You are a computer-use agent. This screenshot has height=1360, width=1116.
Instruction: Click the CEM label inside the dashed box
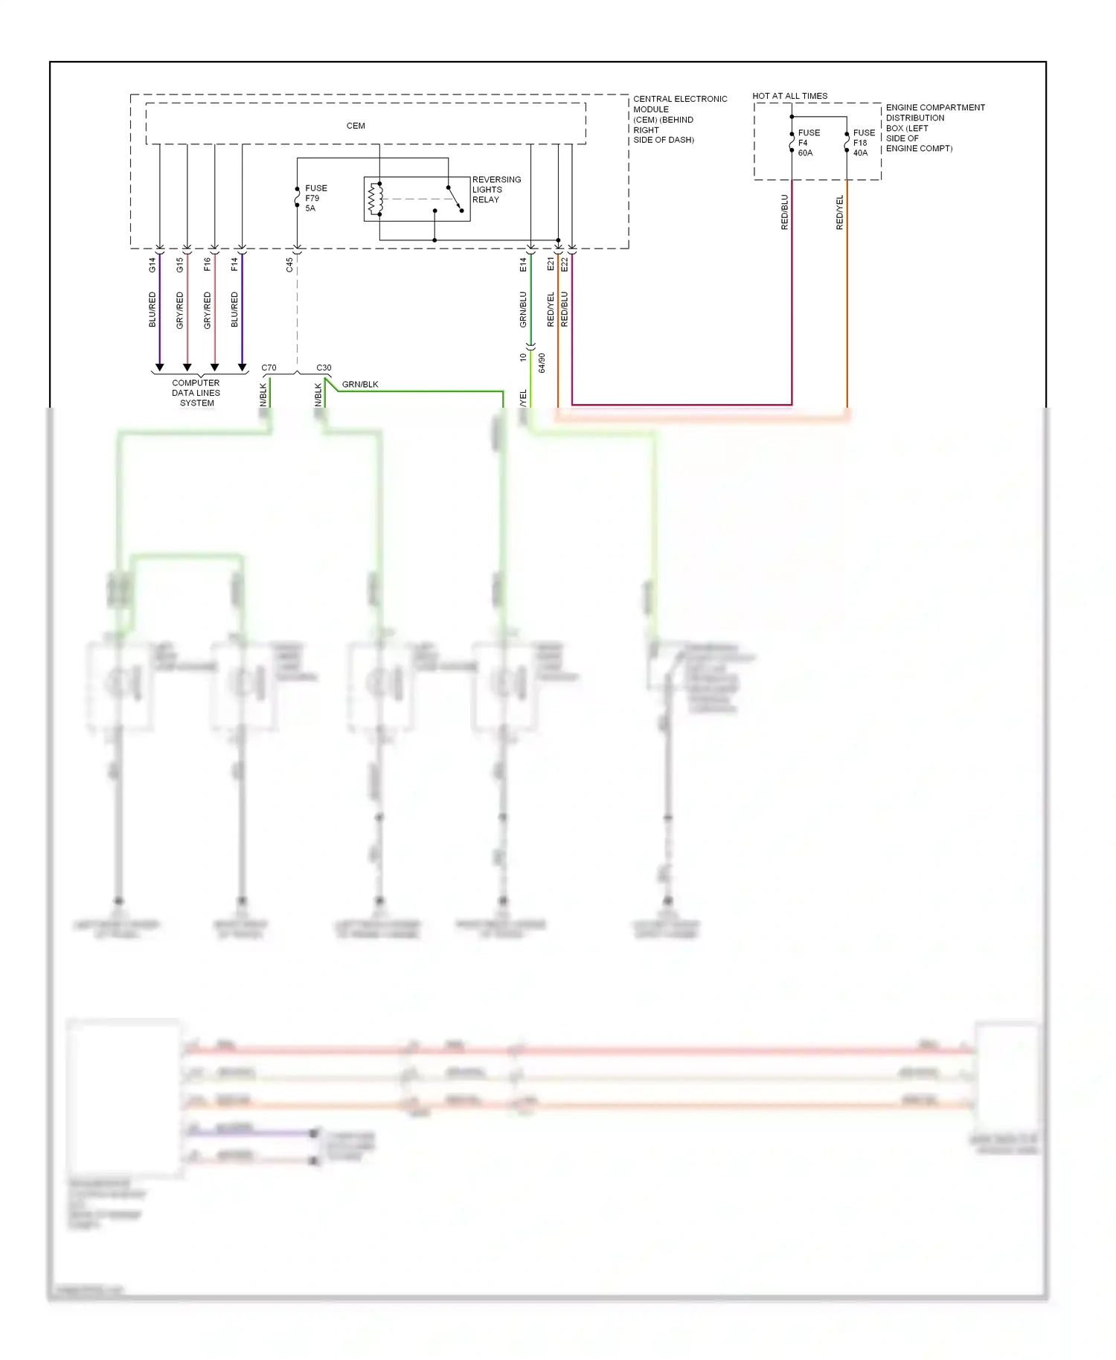click(356, 126)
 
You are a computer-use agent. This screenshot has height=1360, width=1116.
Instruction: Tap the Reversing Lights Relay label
click(496, 190)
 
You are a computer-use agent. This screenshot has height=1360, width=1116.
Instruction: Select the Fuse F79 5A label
click(315, 198)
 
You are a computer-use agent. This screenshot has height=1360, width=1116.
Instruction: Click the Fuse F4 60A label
click(808, 143)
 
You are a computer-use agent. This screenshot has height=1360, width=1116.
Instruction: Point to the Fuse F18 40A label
click(863, 143)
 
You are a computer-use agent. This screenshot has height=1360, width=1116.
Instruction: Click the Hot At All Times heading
click(789, 96)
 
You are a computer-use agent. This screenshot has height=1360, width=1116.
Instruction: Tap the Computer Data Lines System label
click(196, 393)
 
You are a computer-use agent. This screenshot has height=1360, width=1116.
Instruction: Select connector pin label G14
click(153, 264)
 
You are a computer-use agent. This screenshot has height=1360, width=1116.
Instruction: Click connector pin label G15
click(180, 264)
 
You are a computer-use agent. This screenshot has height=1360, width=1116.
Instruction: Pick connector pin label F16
click(208, 264)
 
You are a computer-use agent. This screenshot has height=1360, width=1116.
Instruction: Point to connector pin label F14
click(235, 264)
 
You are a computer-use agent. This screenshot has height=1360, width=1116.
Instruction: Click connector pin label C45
click(290, 264)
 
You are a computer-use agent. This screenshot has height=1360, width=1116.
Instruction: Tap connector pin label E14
click(524, 264)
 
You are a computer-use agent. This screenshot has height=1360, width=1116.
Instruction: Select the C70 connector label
click(269, 368)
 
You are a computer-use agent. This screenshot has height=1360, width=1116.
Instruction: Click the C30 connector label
click(324, 368)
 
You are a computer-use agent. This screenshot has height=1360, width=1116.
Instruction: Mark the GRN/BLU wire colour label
click(524, 309)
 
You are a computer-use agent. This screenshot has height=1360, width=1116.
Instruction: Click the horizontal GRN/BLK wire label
click(360, 385)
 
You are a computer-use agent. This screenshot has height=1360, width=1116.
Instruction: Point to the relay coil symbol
click(376, 199)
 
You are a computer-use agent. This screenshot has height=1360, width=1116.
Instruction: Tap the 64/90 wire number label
click(542, 363)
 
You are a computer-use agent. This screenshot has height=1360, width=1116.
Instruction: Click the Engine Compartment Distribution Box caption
click(934, 128)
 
